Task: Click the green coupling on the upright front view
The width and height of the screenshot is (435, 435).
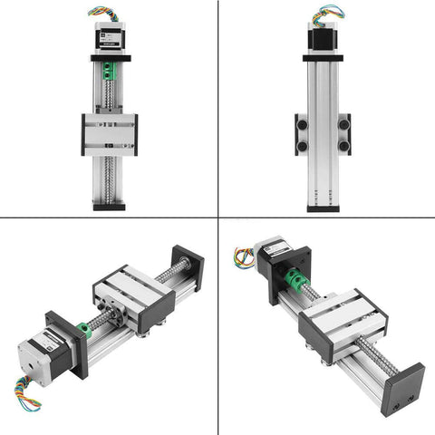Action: (x=109, y=70)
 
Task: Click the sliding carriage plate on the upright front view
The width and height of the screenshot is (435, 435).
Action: (x=109, y=133)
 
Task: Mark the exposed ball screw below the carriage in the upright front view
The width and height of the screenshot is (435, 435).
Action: (x=109, y=177)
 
